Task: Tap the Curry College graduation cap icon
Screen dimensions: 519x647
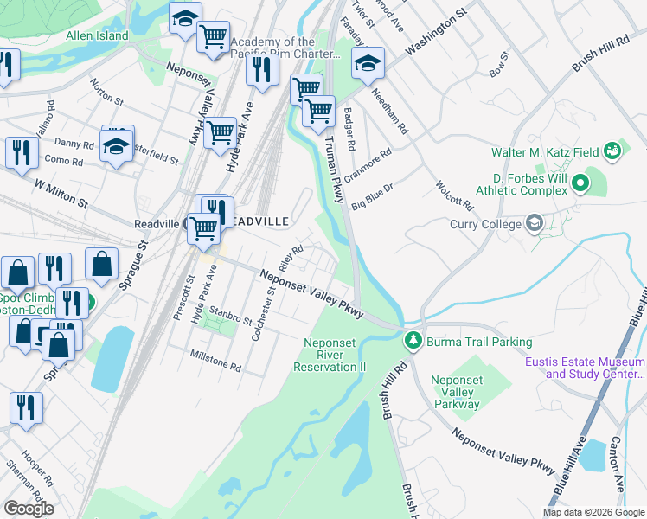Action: (x=534, y=224)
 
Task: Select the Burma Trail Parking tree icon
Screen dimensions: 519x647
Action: (x=414, y=342)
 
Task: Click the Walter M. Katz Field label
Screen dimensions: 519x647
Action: (x=545, y=152)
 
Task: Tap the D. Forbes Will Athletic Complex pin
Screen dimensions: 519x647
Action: (x=580, y=183)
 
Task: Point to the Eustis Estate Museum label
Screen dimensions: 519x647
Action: (x=585, y=368)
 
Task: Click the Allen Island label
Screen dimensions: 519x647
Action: (x=97, y=36)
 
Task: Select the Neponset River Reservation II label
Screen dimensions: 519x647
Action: (x=335, y=355)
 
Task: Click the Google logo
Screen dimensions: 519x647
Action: (x=29, y=508)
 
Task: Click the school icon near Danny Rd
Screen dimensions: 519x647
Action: (x=115, y=145)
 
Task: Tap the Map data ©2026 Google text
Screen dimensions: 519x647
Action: (x=593, y=511)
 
